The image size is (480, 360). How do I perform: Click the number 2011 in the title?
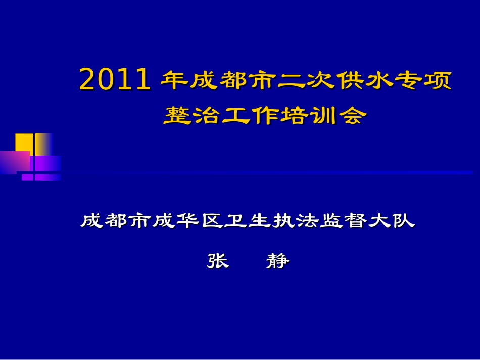tap(115, 80)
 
